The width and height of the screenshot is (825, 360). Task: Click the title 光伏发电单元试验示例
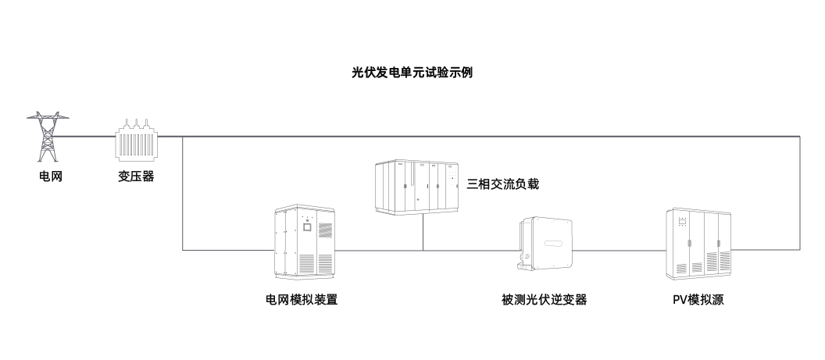[412, 73]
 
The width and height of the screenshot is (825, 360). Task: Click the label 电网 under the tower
[50, 176]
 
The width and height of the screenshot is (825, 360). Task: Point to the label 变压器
[137, 176]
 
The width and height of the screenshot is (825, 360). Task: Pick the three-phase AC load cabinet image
[417, 185]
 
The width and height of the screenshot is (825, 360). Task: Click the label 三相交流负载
[503, 185]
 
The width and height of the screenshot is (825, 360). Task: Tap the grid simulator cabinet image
[307, 243]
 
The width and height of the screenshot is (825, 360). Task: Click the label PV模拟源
[698, 299]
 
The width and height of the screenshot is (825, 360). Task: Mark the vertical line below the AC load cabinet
[423, 231]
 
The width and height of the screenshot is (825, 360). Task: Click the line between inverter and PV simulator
[621, 250]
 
